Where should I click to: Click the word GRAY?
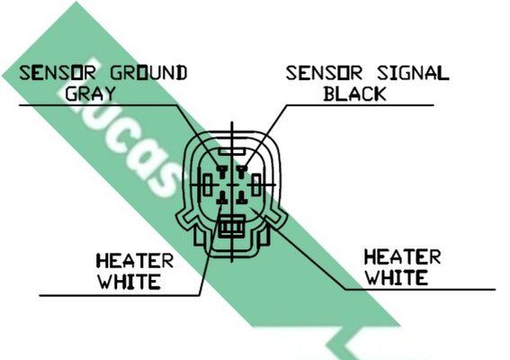(91, 94)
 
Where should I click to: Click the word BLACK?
(354, 94)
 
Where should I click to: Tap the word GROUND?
(148, 73)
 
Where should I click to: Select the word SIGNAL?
(413, 73)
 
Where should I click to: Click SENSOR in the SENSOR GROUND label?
(58, 73)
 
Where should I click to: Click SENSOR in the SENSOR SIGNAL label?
(324, 73)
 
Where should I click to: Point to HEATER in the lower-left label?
(134, 261)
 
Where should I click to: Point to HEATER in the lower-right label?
(402, 256)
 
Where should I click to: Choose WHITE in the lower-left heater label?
(130, 282)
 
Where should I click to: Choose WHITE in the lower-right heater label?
(397, 277)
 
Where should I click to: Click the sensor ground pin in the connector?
(222, 172)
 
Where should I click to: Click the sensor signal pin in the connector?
(241, 172)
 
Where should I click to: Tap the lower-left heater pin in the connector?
(222, 198)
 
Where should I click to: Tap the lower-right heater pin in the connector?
(241, 198)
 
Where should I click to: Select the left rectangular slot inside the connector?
(208, 184)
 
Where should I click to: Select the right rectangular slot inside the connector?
(256, 184)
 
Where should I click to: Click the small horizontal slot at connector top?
(231, 151)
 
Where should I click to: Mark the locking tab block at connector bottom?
(231, 226)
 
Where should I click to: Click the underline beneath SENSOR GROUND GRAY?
(98, 105)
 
